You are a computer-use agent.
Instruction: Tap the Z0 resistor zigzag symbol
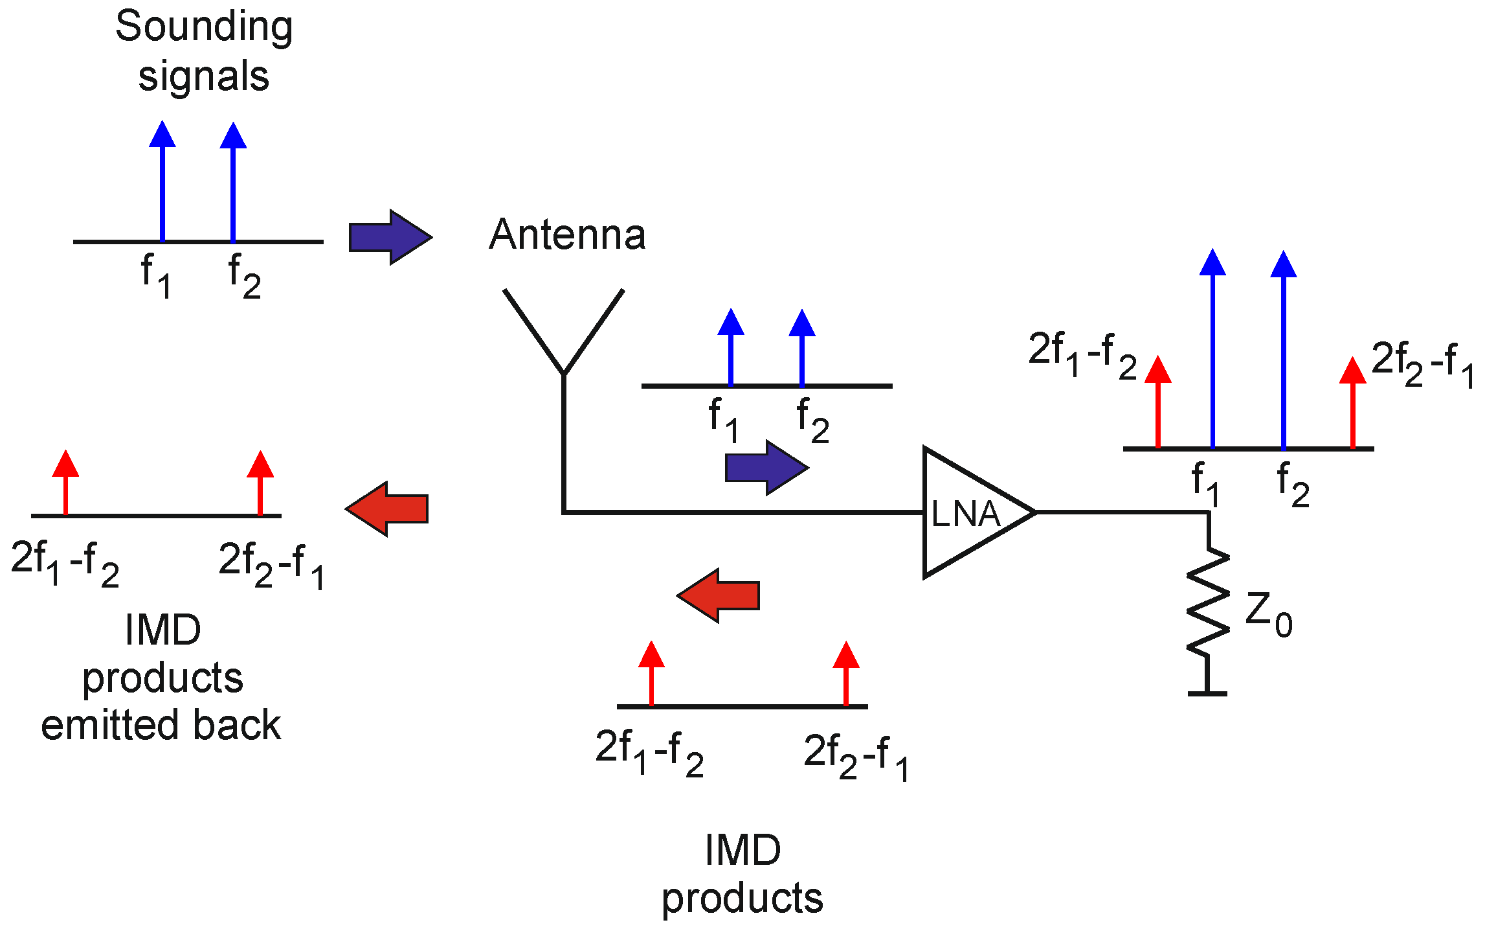click(x=1208, y=602)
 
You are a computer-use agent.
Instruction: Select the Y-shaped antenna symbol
click(x=564, y=337)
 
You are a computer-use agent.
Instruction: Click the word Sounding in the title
click(x=204, y=27)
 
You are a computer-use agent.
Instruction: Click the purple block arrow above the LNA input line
click(x=766, y=468)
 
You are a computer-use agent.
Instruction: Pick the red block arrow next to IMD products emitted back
click(x=388, y=509)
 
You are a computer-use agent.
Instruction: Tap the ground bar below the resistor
click(x=1207, y=693)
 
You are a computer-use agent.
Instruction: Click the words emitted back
click(x=161, y=725)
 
